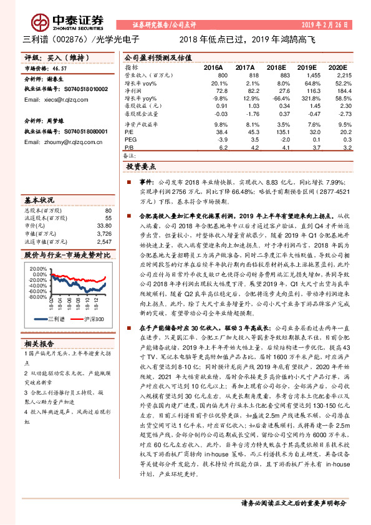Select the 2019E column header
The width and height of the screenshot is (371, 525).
coord(307,67)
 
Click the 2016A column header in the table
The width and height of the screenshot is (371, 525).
coord(214,67)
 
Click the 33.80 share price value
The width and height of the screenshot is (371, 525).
coord(104,226)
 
